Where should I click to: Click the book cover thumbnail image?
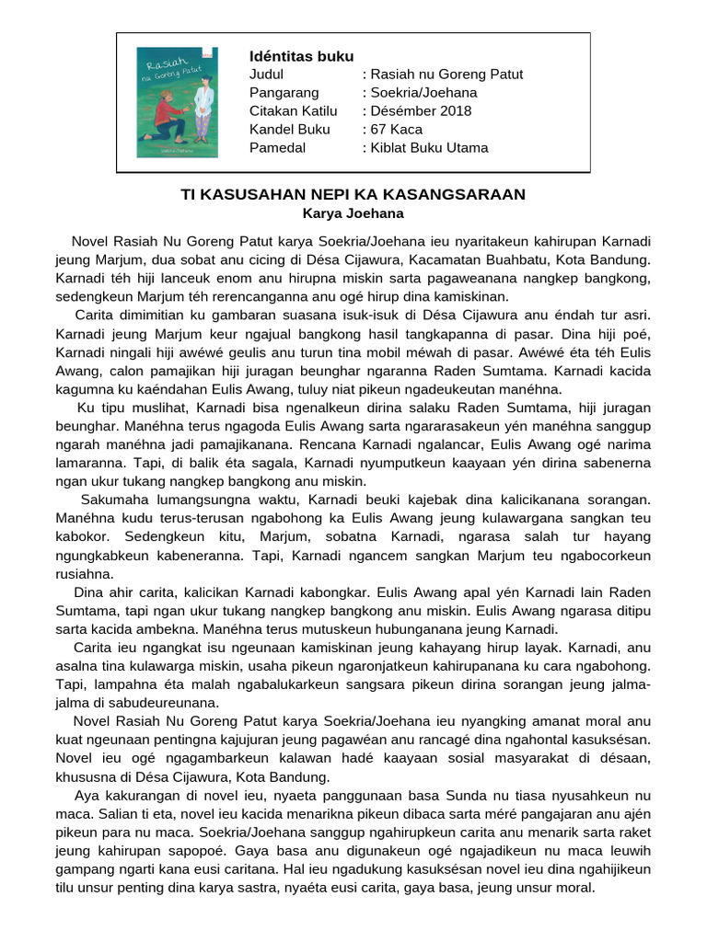tap(177, 102)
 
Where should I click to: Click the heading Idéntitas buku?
tap(301, 55)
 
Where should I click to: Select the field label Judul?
tap(267, 74)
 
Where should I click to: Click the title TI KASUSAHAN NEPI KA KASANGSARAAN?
tap(353, 194)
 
